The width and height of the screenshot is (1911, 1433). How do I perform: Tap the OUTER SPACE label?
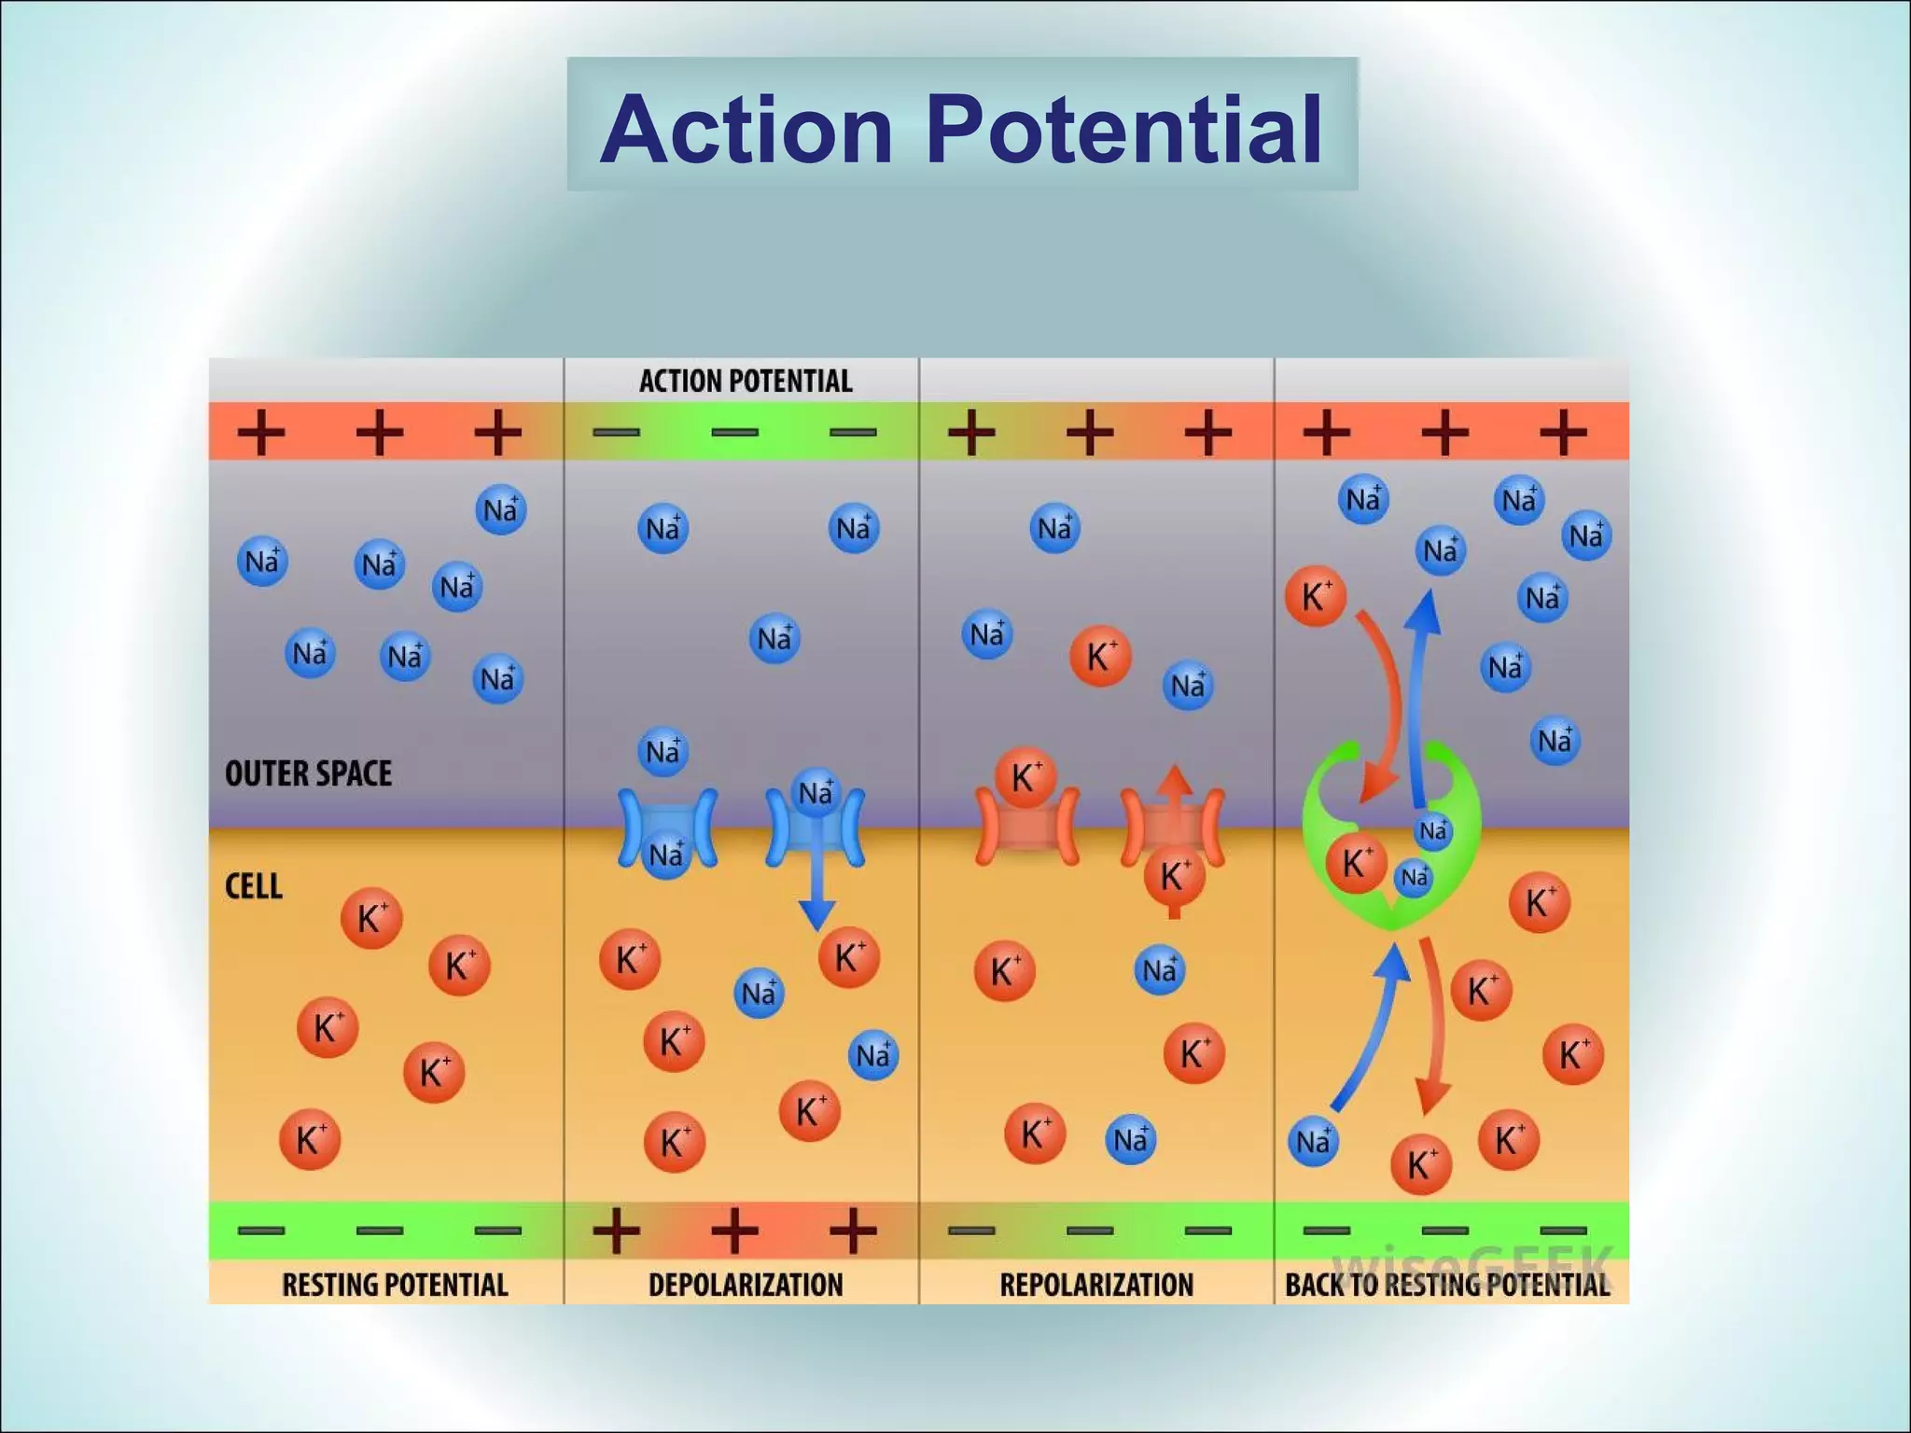coord(308,773)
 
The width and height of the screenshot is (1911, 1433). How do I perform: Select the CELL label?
coord(253,886)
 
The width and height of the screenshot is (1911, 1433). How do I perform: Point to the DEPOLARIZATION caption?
coord(745,1285)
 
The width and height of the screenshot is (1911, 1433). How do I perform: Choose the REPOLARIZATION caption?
coord(1096,1285)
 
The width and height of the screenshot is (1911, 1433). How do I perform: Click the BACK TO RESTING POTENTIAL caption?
coord(1447,1285)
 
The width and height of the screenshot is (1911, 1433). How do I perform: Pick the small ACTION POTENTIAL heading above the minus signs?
coord(746,381)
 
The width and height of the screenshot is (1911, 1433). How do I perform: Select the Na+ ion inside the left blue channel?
coord(666,855)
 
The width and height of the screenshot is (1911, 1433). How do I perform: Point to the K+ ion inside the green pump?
coord(1356,864)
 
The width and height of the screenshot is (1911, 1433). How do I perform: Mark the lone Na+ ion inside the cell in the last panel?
coord(1313,1141)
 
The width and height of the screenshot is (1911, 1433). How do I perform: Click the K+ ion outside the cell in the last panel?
coord(1316,596)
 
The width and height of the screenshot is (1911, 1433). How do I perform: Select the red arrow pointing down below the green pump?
coord(1431,1036)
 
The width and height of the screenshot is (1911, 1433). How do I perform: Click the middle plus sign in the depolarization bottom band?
coord(734,1230)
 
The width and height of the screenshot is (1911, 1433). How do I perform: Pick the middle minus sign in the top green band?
coord(734,432)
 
